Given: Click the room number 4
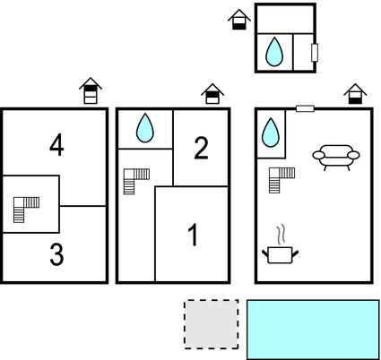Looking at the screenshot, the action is point(56,145).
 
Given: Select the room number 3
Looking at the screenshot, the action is point(56,254).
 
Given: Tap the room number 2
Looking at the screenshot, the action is point(201,148).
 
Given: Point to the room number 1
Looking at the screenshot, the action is point(194,235).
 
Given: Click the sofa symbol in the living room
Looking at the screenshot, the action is point(336,158).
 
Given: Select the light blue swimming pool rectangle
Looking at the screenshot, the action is point(313,330).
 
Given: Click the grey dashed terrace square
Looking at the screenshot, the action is point(212,324).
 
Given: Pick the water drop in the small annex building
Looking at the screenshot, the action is point(274,52).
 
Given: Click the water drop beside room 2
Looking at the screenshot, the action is point(145,128).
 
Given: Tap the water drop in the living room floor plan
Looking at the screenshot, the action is point(271,133).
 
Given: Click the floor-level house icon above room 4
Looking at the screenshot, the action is point(91,90).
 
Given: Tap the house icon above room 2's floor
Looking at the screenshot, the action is point(212,94).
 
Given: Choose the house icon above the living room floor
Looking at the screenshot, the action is point(355,94).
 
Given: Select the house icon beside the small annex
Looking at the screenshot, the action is point(239,20).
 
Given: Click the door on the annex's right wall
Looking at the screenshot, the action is point(315,53).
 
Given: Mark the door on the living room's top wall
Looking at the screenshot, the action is point(305,108).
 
